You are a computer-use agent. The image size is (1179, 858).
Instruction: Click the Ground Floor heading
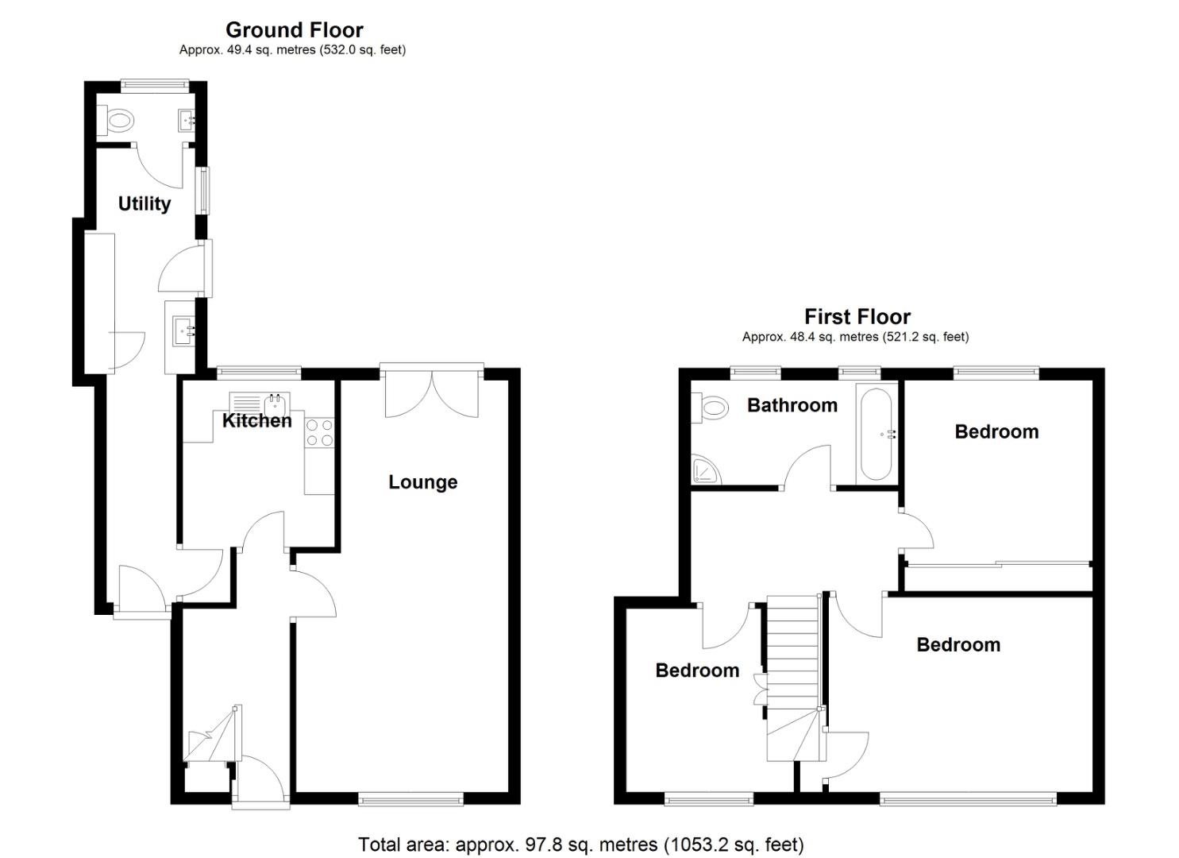pos(294,30)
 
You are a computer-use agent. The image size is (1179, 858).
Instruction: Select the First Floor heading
pos(857,317)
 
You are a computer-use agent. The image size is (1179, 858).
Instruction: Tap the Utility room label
pos(144,204)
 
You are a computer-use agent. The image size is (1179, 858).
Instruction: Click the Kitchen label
pos(256,421)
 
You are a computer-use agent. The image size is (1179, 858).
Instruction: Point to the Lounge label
pos(422,482)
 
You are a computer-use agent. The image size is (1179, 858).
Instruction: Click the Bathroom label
pos(792,405)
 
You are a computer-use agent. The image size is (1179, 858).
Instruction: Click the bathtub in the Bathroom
pos(876,434)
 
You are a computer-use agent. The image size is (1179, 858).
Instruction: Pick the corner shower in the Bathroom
pos(704,470)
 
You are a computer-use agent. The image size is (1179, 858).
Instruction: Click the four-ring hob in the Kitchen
pos(319,432)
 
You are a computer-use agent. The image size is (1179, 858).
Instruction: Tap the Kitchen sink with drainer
pos(260,402)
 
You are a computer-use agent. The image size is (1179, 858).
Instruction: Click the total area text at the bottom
pos(580,844)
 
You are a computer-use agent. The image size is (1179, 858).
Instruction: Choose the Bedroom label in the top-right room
pos(996,432)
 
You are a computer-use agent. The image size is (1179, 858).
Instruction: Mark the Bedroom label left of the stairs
pos(696,671)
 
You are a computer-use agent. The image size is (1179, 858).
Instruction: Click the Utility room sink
pos(182,328)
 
